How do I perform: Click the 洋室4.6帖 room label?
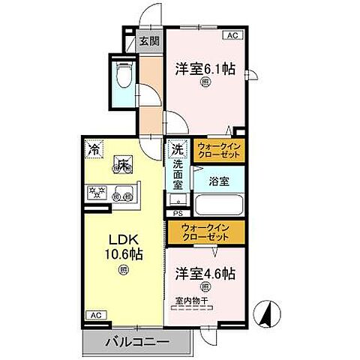(x=205, y=273)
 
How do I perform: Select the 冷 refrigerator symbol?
(x=94, y=149)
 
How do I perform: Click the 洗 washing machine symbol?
(x=178, y=149)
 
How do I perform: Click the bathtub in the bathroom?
(x=217, y=205)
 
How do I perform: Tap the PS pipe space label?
(x=178, y=213)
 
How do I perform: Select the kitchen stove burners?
(x=98, y=190)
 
